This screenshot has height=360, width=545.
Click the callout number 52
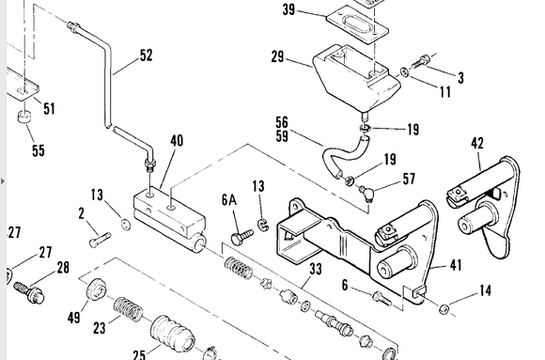(x=147, y=55)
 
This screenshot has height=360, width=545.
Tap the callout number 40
(x=177, y=140)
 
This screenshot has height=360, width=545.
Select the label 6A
(x=229, y=200)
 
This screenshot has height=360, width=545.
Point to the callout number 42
(x=477, y=143)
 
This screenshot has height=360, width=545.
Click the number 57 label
(x=409, y=179)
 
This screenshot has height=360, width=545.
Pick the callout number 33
(x=316, y=269)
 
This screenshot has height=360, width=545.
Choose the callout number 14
(x=485, y=290)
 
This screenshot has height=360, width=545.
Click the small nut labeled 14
(x=444, y=308)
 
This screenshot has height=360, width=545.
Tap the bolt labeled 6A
(x=241, y=237)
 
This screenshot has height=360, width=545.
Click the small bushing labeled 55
(x=23, y=117)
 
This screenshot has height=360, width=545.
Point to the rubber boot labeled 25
(x=172, y=335)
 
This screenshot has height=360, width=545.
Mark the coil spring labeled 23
(x=128, y=309)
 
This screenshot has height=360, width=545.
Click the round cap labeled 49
(x=96, y=290)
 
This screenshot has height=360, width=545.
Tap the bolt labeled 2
(x=101, y=240)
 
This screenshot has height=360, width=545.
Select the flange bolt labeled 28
(x=29, y=292)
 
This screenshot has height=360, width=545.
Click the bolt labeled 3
(x=420, y=62)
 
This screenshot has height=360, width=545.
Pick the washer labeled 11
(x=405, y=72)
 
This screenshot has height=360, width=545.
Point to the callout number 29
(x=277, y=56)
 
